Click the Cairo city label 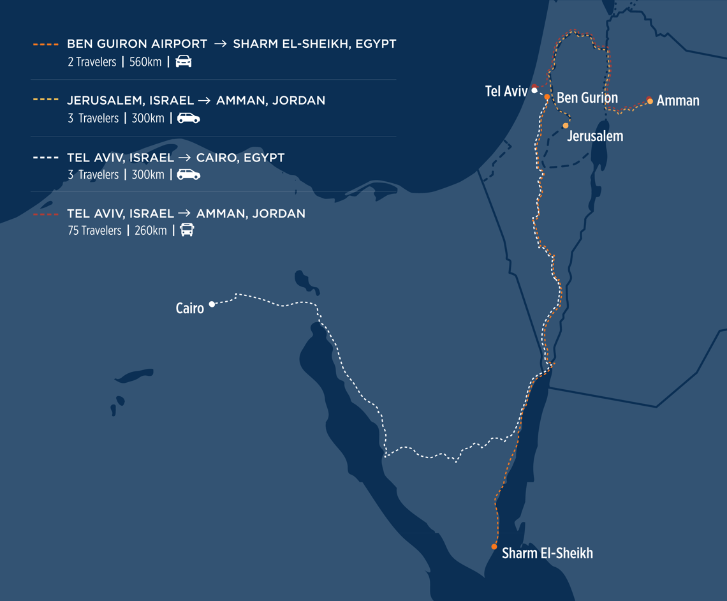point(189,309)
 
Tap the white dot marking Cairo point(212,304)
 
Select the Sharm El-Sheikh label point(547,553)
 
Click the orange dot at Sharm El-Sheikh point(494,547)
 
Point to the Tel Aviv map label point(506,91)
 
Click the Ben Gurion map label point(587,98)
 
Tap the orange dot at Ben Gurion point(547,97)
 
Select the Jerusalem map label point(594,136)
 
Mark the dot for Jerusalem point(565,126)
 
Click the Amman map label point(677,101)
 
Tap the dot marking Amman point(650,101)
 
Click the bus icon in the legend point(187,230)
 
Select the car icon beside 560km point(184,62)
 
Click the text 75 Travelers point(94,231)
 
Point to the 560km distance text point(145,62)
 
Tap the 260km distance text point(151,231)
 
